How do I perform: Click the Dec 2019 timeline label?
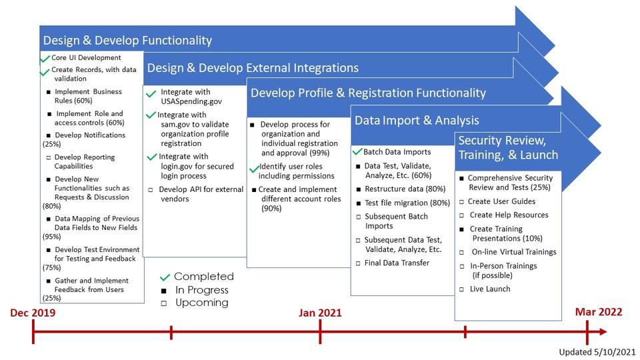[33, 313]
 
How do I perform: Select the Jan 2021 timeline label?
[320, 313]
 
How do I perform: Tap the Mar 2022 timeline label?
[599, 312]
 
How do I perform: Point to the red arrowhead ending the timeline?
[602, 331]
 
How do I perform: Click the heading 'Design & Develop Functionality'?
[127, 41]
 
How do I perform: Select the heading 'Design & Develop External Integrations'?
[253, 68]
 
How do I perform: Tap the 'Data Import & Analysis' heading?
[417, 121]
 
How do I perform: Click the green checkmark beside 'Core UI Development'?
[45, 59]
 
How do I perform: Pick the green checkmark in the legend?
[165, 277]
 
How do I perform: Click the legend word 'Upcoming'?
[202, 303]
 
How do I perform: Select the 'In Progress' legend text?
[202, 290]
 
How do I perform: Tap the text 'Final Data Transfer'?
[397, 263]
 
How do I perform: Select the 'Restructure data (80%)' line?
[405, 189]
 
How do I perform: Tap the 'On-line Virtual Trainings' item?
[513, 252]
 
